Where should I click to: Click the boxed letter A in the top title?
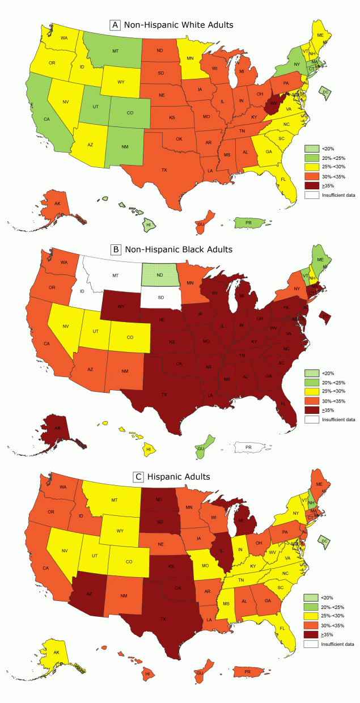pyautogui.click(x=116, y=25)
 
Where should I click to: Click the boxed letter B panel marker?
pyautogui.click(x=116, y=249)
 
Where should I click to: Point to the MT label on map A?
pyautogui.click(x=115, y=51)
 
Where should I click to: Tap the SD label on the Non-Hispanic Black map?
pyautogui.click(x=160, y=297)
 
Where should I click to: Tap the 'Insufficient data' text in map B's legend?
pyautogui.click(x=338, y=420)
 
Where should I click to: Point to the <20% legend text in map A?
pyautogui.click(x=328, y=149)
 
